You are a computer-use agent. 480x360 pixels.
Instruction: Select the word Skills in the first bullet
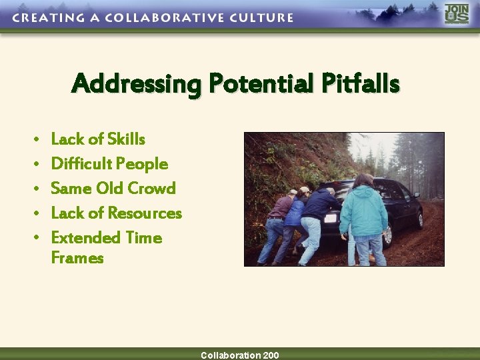coord(126,139)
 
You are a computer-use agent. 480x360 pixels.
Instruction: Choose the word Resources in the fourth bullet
coord(145,213)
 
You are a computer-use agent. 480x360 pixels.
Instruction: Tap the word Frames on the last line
coord(77,258)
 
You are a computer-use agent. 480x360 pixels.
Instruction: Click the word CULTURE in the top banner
coord(263,18)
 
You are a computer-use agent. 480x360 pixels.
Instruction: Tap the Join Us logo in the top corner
coord(457,14)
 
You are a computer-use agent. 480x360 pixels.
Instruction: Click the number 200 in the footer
coord(271,355)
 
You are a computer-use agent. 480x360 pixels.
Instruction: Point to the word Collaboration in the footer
coord(231,355)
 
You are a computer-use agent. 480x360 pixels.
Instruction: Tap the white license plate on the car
coord(330,218)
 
